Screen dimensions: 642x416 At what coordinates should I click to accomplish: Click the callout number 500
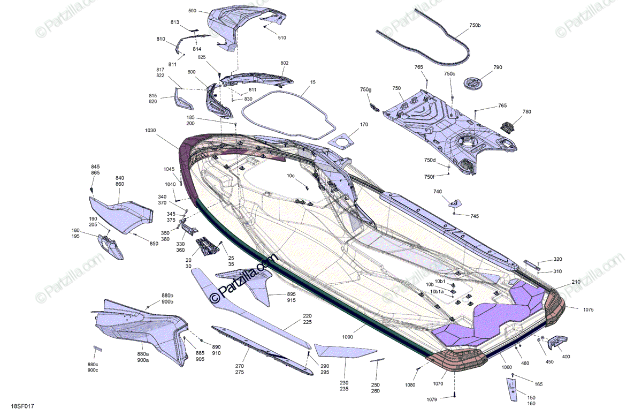tap(193, 11)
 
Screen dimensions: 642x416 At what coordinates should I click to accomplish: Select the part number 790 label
tap(498, 67)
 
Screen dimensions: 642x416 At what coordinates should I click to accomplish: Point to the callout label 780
tap(527, 112)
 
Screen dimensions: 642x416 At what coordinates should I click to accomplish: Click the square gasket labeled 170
tap(342, 140)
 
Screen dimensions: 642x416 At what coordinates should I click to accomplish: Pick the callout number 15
tap(313, 82)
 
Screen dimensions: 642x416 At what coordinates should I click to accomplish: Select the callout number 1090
tap(348, 337)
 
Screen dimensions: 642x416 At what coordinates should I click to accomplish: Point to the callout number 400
tap(566, 357)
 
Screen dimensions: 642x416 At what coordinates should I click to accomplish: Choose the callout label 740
tap(438, 191)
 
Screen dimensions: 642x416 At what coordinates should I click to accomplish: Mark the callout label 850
tap(154, 244)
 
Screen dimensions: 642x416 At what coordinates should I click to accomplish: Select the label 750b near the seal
tap(475, 26)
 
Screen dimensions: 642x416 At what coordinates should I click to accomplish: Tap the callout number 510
tap(282, 37)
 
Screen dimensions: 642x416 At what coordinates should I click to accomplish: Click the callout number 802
tap(285, 63)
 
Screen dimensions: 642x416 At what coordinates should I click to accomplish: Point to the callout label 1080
tap(410, 385)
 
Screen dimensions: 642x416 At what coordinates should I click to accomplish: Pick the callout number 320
tap(557, 259)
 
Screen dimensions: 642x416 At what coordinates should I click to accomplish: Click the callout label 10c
tap(291, 176)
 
